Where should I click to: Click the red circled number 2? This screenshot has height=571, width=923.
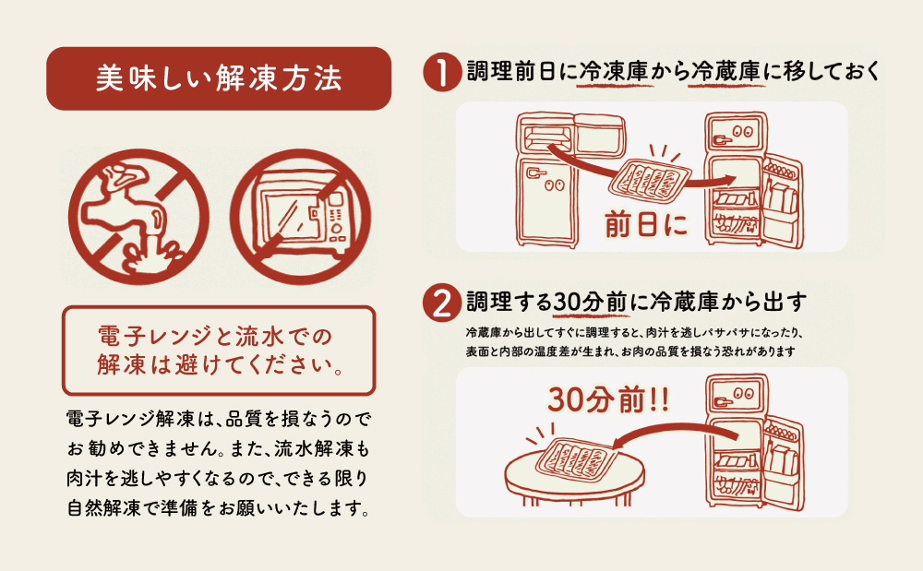point(442,302)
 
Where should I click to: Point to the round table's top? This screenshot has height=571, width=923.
point(572,466)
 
